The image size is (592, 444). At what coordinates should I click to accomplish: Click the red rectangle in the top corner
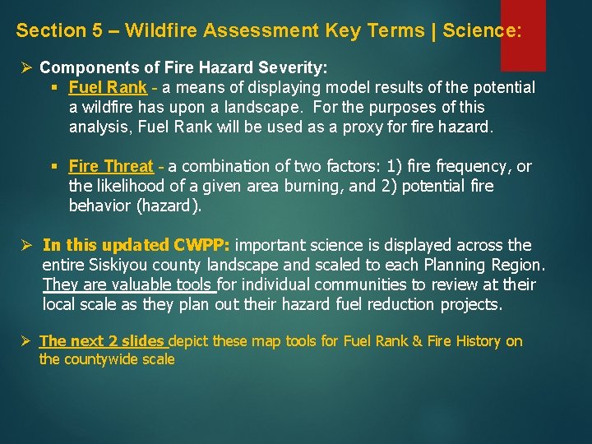pos(523,35)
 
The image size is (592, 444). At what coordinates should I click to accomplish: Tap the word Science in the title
pos(480,31)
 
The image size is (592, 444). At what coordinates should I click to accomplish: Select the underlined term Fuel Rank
pos(108,87)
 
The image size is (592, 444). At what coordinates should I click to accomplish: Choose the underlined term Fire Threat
pos(111,166)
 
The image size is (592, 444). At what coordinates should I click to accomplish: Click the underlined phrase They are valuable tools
pos(128,284)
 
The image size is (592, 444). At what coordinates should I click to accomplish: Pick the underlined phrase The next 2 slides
pos(102,340)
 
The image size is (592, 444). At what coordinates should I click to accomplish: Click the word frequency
pos(474,166)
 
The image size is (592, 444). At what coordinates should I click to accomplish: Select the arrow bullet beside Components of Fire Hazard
pos(25,67)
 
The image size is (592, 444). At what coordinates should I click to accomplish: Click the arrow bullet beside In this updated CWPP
pos(25,245)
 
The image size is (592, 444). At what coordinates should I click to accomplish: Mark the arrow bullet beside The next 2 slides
pos(25,340)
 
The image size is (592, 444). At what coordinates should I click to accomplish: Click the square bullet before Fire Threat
pos(55,167)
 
